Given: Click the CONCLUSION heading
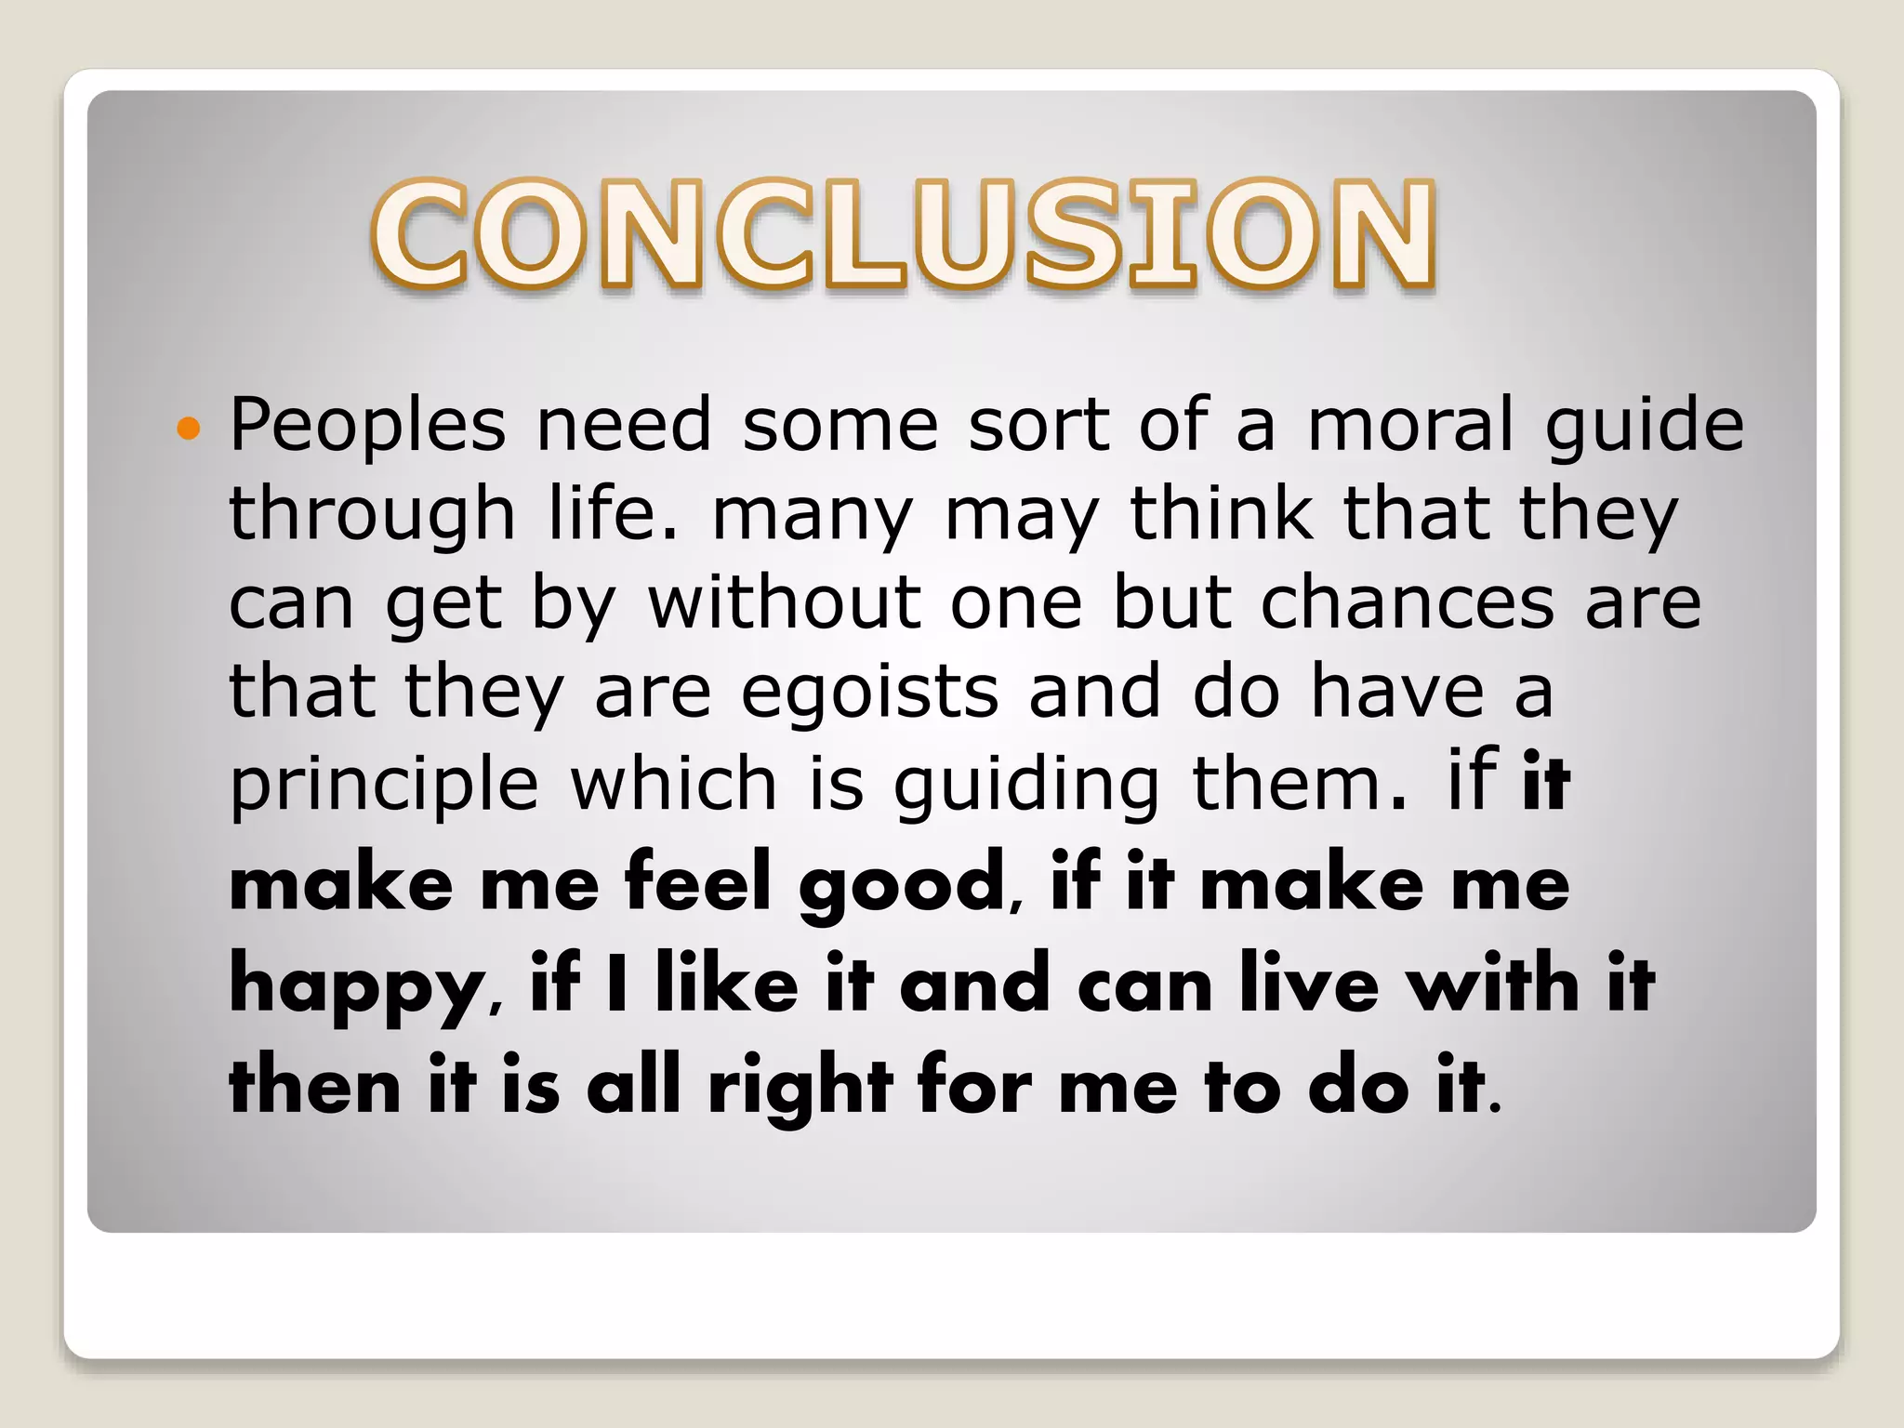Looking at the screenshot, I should (904, 234).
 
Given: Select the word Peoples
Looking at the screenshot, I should (367, 425).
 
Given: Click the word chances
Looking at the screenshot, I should (1408, 602).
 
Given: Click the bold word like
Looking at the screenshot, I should (727, 984).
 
